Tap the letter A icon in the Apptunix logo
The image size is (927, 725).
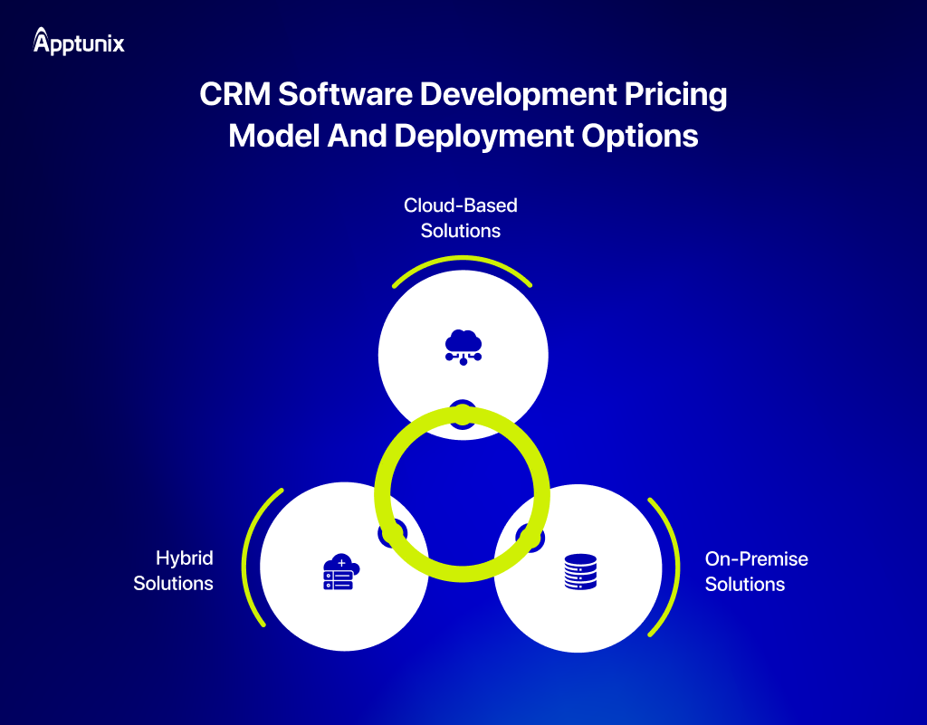(42, 40)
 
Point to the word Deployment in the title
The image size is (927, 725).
(483, 135)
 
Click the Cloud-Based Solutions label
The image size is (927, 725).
(461, 218)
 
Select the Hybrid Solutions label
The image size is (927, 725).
(173, 570)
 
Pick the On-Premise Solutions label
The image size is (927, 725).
(756, 571)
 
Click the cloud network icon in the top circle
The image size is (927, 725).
(463, 346)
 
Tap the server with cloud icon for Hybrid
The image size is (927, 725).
(340, 572)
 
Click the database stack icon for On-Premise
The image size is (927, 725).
(579, 572)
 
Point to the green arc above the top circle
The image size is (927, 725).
(462, 260)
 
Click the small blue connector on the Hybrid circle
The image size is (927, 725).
(392, 533)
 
